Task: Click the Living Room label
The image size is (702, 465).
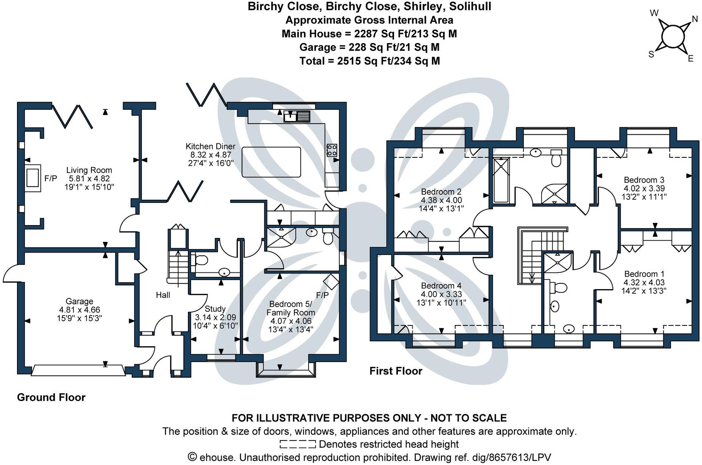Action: coord(89,170)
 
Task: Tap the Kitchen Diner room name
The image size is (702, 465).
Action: coord(210,146)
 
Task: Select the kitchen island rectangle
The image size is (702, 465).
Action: coord(271,162)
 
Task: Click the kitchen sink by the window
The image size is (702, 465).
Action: coord(297,116)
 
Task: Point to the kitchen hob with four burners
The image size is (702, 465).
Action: coord(332,150)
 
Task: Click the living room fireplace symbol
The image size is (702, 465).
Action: coord(33,178)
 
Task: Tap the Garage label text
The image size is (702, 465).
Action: coord(79,302)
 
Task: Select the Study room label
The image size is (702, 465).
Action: coord(215,309)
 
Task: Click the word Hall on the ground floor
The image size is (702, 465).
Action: coord(163,295)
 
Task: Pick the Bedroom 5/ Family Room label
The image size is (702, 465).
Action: coord(290,308)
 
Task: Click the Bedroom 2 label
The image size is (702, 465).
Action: coord(441,192)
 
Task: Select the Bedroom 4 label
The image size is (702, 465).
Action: coord(441,286)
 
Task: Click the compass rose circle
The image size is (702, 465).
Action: coord(672,37)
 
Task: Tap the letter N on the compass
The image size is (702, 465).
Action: coord(694,19)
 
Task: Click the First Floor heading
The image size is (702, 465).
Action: coord(396,371)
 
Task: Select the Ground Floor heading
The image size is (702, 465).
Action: coord(51,397)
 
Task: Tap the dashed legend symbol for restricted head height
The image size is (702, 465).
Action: coord(298,444)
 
